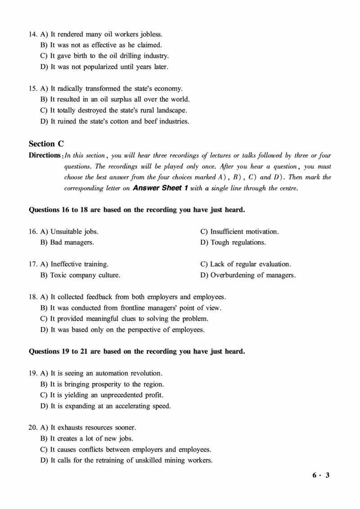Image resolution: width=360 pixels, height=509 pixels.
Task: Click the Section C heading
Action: [x=46, y=144]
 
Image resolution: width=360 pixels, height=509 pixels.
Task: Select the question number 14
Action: [x=32, y=34]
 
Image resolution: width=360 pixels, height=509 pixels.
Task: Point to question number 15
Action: [x=32, y=89]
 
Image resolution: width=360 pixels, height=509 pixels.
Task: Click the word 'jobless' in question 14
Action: [x=151, y=34]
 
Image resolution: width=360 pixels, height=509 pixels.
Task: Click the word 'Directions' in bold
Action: [x=45, y=156]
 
